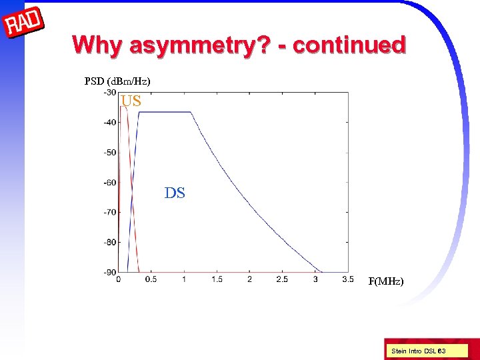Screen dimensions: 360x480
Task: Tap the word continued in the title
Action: pos(349,45)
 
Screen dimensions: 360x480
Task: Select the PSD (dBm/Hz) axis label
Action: pos(117,81)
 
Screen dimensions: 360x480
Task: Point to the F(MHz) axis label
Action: pos(386,281)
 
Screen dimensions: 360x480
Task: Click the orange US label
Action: pos(131,101)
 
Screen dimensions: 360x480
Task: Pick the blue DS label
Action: pos(175,193)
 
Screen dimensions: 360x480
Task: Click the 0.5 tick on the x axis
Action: pos(151,279)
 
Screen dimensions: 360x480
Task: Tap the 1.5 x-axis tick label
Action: pos(217,279)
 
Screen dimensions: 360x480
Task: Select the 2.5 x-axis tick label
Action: pos(282,279)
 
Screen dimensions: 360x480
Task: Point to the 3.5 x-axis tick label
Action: pos(347,279)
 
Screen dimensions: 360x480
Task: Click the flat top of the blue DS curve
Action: pos(165,112)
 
